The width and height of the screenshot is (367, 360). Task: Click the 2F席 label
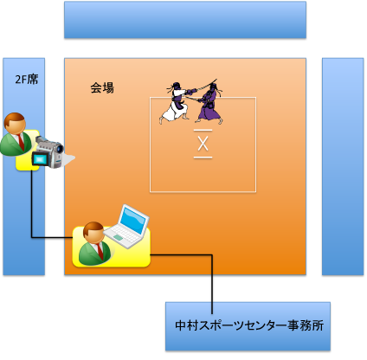pos(27,80)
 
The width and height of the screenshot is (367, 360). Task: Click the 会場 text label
pos(102,87)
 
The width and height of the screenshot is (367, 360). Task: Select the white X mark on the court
pos(203,144)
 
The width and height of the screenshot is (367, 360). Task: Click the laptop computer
pos(127,227)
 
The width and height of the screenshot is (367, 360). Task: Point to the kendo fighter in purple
pos(210,102)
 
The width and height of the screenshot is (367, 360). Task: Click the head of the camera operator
pos(15,124)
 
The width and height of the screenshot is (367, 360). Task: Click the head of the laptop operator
pos(93,232)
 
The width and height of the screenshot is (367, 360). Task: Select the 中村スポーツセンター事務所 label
pos(249,325)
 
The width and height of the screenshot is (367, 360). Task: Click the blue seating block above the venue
pos(185,20)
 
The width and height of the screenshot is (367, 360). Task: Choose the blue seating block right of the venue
pos(343,166)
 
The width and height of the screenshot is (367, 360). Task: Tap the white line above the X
pos(203,131)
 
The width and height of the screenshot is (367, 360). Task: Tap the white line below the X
pos(203,157)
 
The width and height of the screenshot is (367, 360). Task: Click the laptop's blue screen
pos(132,220)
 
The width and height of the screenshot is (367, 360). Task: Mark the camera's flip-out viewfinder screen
pos(40,159)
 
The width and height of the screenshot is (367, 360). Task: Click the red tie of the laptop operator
pos(100,251)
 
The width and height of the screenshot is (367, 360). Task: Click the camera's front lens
pos(60,148)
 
